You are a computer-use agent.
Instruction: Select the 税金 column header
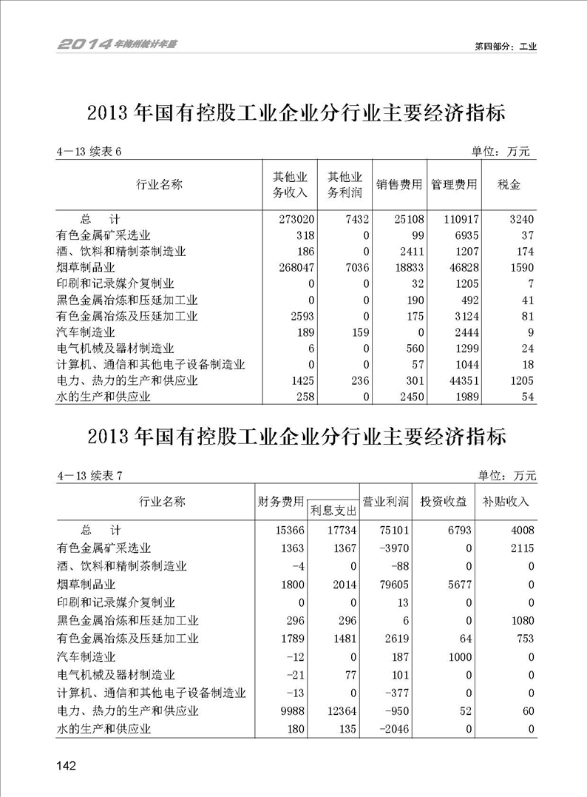(x=509, y=184)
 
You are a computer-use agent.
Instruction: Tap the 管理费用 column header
(x=454, y=184)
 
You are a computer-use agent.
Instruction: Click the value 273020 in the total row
(x=295, y=219)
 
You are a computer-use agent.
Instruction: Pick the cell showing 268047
(x=295, y=268)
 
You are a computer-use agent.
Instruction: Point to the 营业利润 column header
(x=384, y=502)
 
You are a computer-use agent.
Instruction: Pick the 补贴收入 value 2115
(x=518, y=548)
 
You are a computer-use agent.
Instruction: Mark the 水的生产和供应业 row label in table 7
(x=104, y=730)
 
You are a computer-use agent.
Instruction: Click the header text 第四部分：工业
(x=505, y=46)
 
